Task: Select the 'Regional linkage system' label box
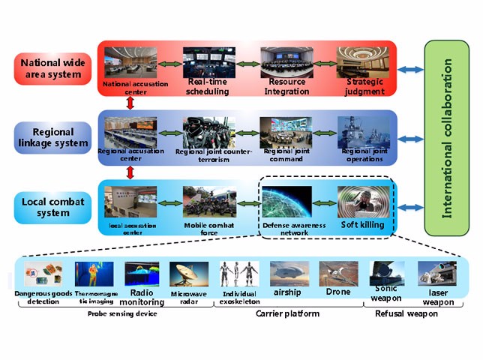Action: coord(52,138)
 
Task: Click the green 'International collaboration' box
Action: coord(448,138)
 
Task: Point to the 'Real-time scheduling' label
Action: coord(208,86)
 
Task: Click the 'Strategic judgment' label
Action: coord(364,86)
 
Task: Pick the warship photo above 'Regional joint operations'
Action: coord(363,132)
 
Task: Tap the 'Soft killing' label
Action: coord(362,224)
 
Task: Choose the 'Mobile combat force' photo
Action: coord(209,202)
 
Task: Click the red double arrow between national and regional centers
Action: coord(131,103)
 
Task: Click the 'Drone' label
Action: coord(337,292)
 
